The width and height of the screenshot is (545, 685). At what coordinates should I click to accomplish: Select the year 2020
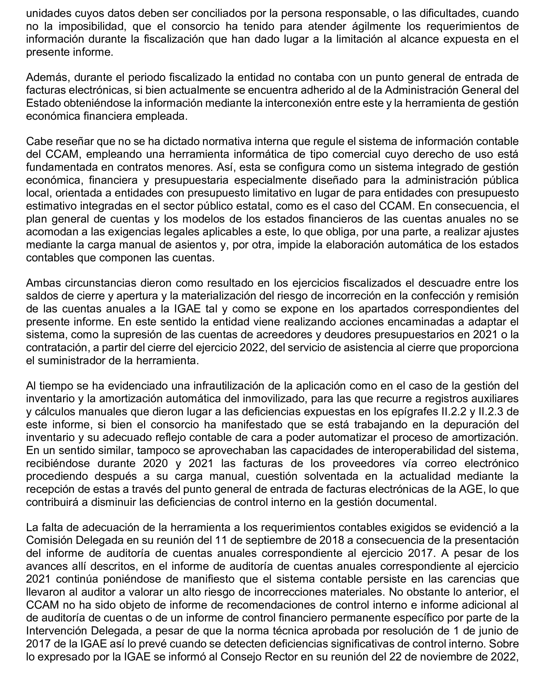tap(155, 464)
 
